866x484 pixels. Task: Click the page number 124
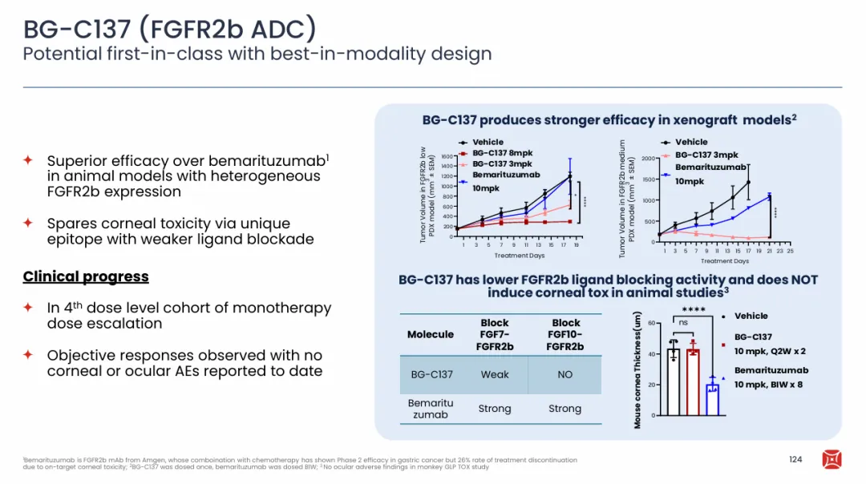click(x=795, y=459)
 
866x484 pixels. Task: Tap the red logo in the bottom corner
click(x=832, y=459)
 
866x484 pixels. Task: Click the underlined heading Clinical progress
click(x=86, y=276)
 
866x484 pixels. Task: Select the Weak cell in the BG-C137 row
click(x=495, y=374)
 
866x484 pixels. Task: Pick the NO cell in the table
click(x=565, y=374)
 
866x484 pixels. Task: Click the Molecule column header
click(x=431, y=334)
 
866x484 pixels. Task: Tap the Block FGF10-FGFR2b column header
click(x=565, y=334)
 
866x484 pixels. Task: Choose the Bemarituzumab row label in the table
click(x=431, y=409)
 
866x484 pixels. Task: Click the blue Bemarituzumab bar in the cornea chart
click(x=712, y=399)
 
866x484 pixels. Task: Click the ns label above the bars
click(x=683, y=322)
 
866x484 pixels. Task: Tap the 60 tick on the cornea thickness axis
click(x=650, y=323)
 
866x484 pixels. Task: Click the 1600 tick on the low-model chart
click(x=447, y=157)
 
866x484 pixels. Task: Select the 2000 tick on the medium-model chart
click(x=649, y=159)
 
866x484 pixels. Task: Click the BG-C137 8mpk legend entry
click(x=502, y=153)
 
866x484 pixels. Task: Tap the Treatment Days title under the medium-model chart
click(x=724, y=261)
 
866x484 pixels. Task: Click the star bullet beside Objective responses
click(x=28, y=354)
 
